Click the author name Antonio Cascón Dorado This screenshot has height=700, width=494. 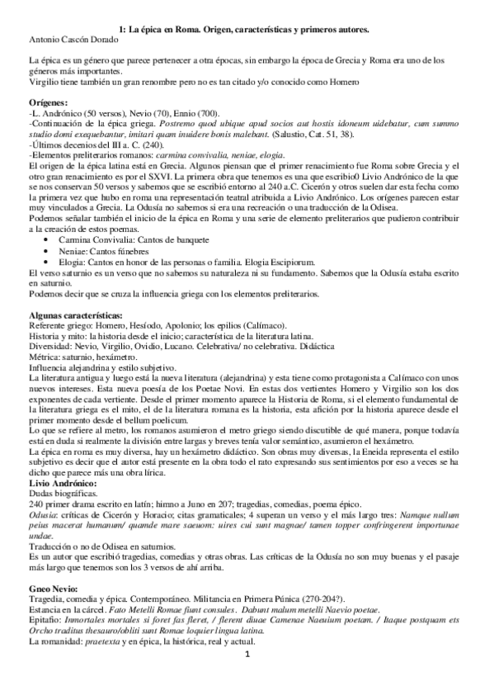(73, 38)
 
